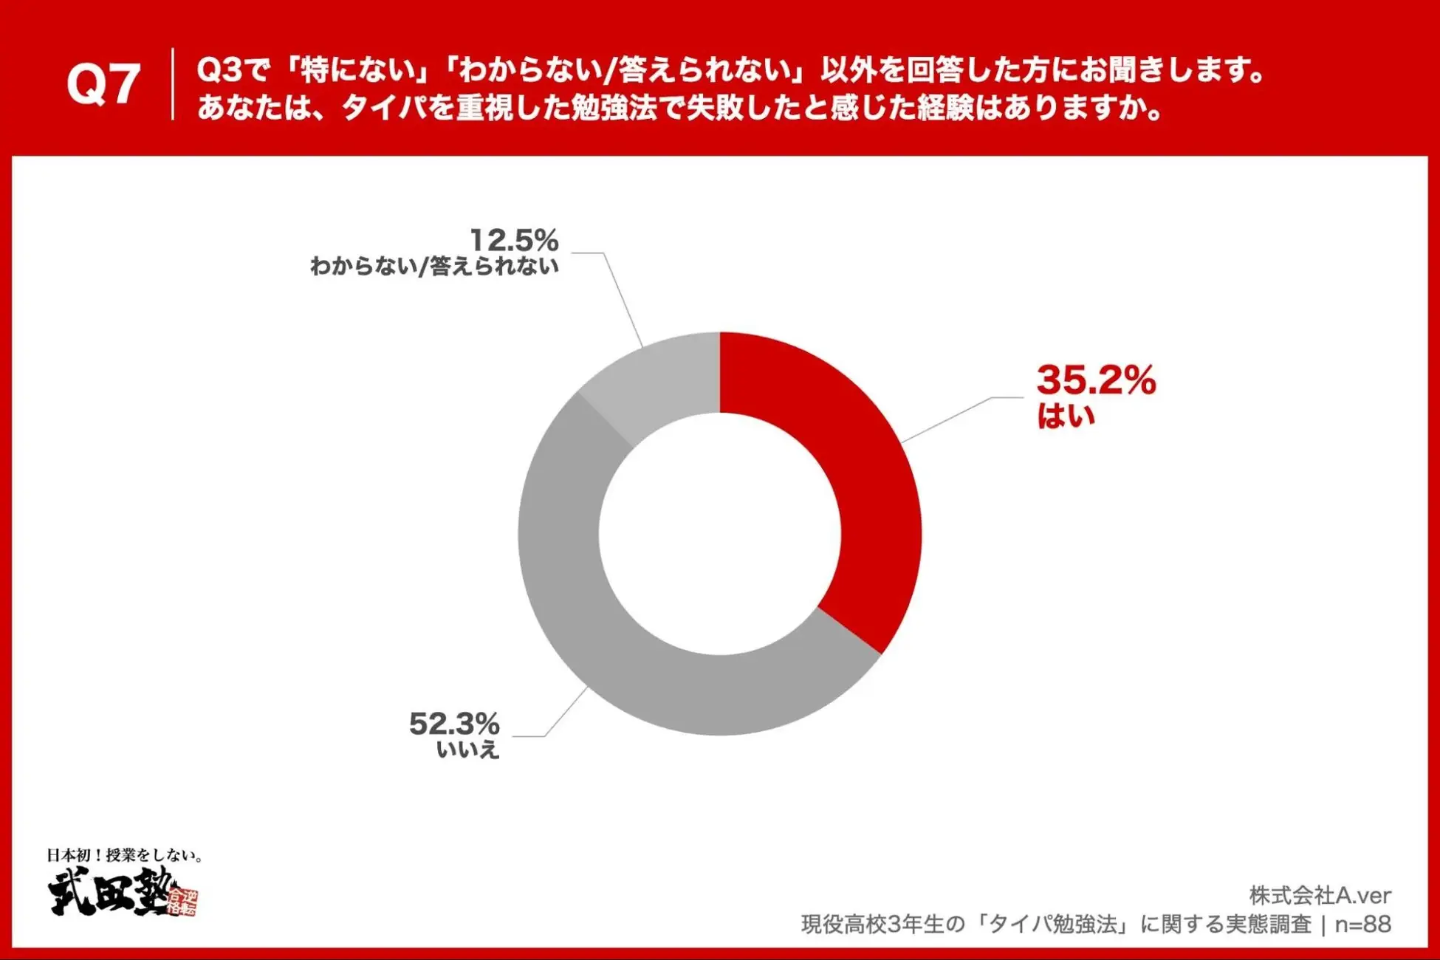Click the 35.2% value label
(1096, 380)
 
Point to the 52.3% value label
(454, 724)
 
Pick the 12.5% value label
(514, 240)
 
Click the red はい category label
(1066, 416)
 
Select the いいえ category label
(468, 750)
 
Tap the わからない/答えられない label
(434, 266)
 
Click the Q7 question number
(103, 83)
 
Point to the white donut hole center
(720, 534)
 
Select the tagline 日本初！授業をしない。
(124, 855)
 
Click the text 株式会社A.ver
(1320, 896)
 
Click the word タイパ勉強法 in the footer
(1056, 924)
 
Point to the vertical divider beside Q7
(173, 83)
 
